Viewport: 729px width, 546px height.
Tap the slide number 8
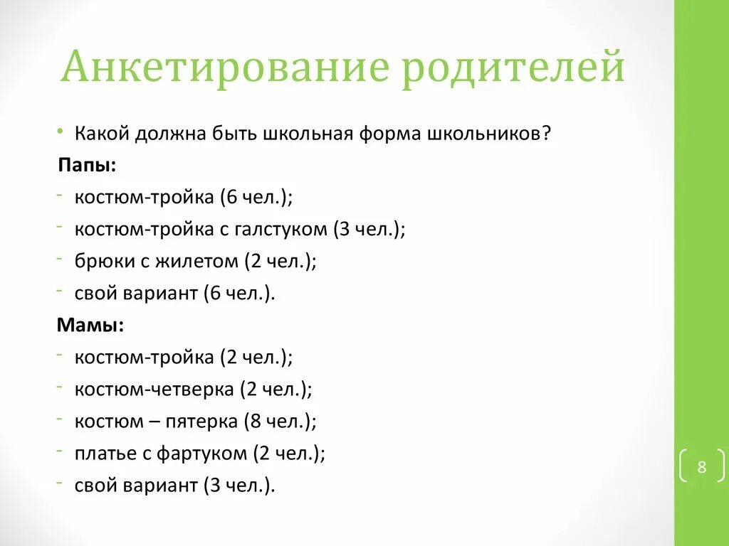pyautogui.click(x=701, y=467)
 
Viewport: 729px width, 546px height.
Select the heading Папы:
pyautogui.click(x=88, y=165)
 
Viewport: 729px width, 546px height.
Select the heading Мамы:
pyautogui.click(x=90, y=325)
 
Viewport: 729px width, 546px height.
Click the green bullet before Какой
pyautogui.click(x=63, y=133)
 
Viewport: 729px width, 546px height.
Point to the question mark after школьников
pyautogui.click(x=545, y=133)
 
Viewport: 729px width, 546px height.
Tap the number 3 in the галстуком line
pyautogui.click(x=343, y=230)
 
